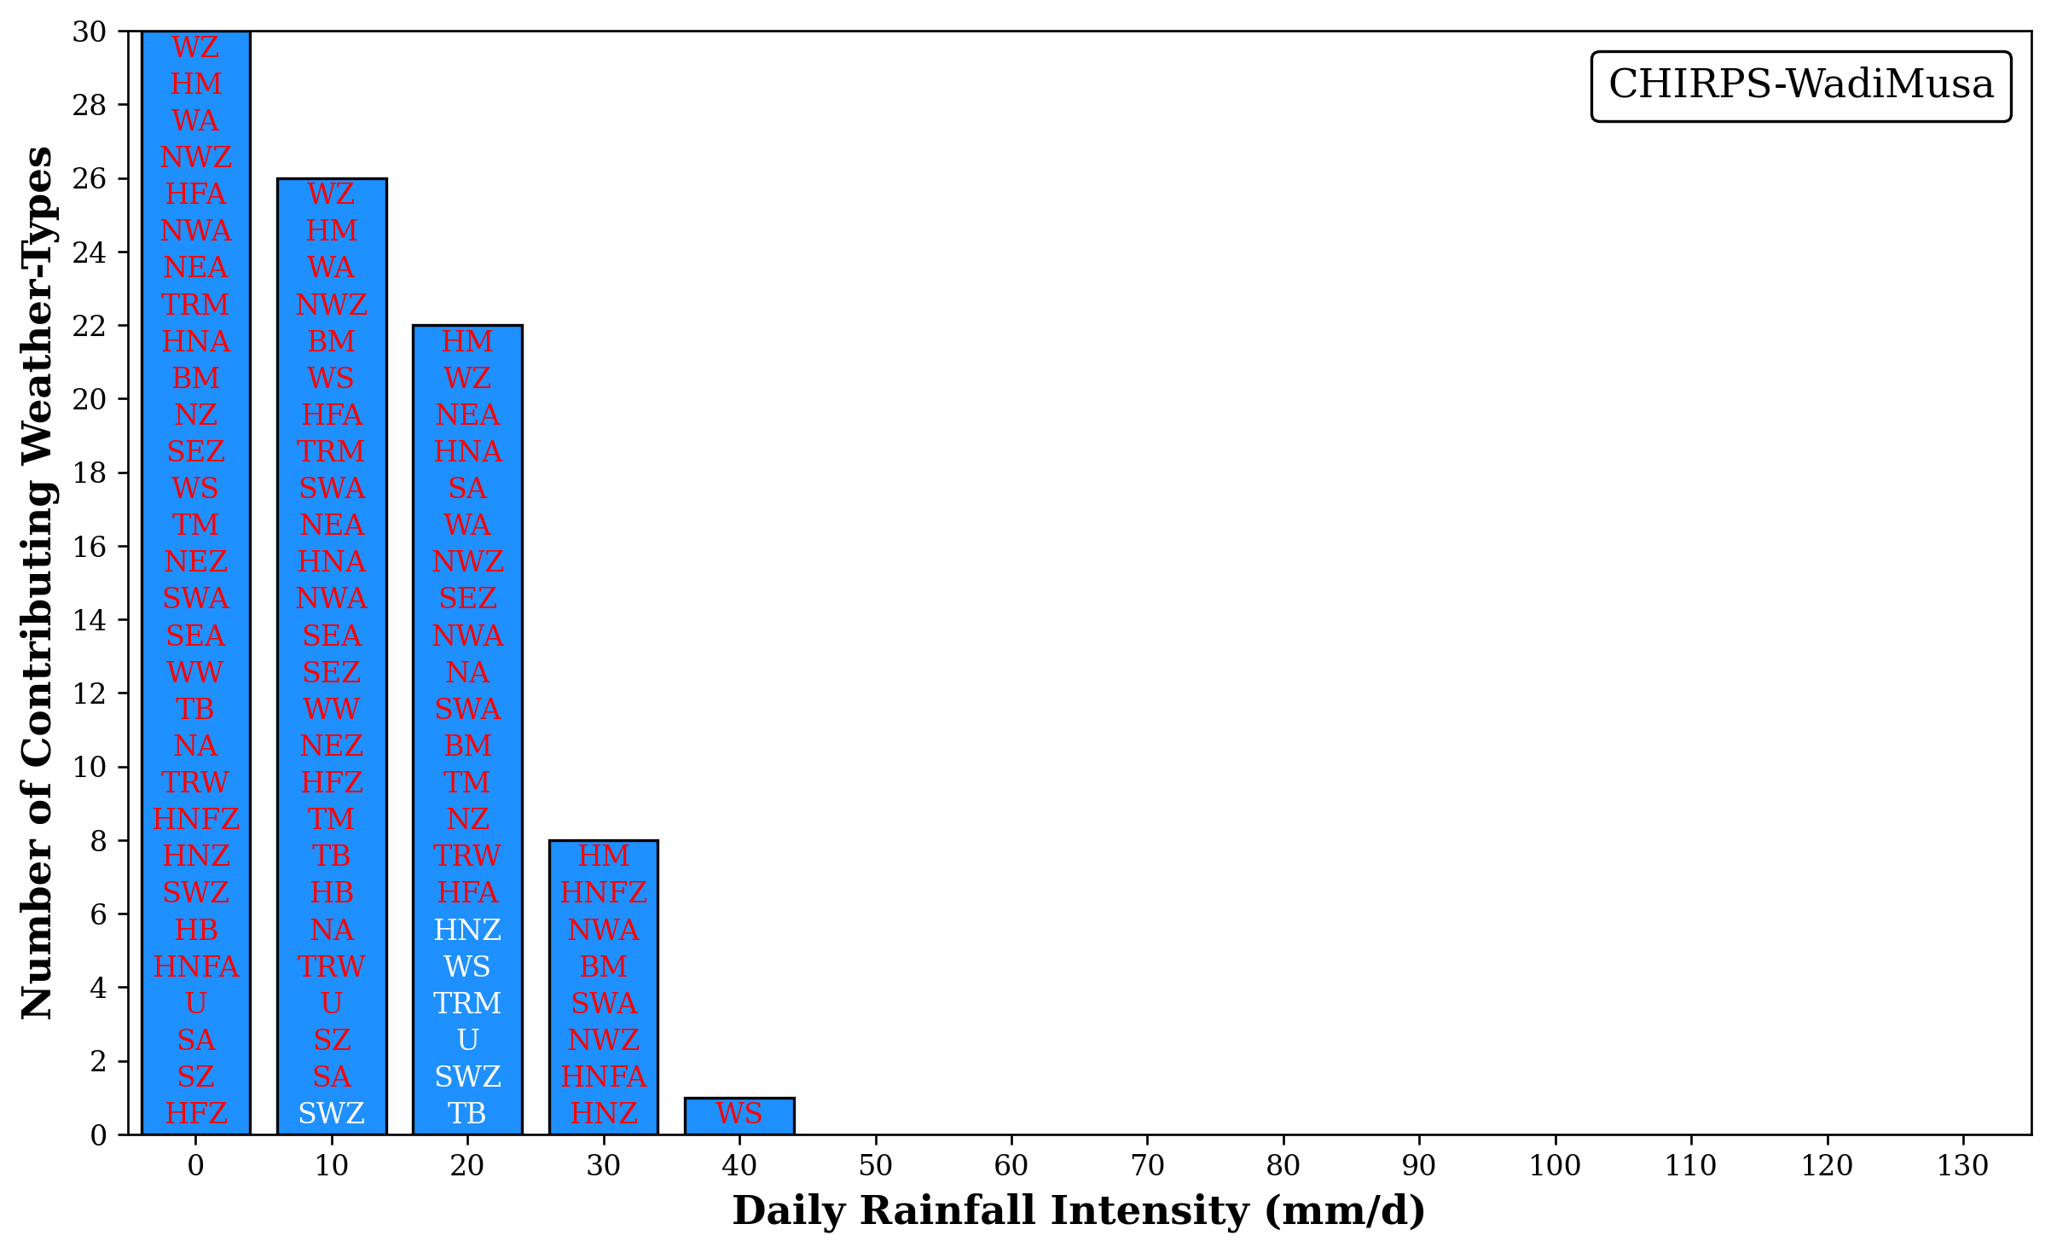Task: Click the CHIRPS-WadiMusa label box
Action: click(x=1800, y=85)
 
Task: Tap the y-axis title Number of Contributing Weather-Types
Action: click(x=38, y=583)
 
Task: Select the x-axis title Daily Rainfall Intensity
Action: click(x=1079, y=1211)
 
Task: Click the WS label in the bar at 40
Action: click(x=739, y=1113)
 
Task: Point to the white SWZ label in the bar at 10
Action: click(x=331, y=1113)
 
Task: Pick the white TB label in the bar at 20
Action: click(x=467, y=1113)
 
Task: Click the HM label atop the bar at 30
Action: click(x=603, y=856)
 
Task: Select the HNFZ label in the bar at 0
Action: click(x=195, y=819)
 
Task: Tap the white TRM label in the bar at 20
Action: click(x=467, y=1003)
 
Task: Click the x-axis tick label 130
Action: click(x=1962, y=1166)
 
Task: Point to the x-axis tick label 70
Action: click(x=1147, y=1166)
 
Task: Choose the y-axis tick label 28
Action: click(x=90, y=105)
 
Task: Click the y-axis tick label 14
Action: click(x=90, y=620)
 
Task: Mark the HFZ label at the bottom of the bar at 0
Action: click(x=195, y=1113)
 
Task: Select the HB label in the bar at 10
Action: click(x=331, y=892)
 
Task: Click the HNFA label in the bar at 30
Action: click(x=603, y=1076)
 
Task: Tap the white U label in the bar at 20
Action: click(x=467, y=1040)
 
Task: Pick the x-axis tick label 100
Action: click(x=1555, y=1166)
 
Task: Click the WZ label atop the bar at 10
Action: click(x=331, y=194)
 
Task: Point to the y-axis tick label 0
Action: click(x=98, y=1135)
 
